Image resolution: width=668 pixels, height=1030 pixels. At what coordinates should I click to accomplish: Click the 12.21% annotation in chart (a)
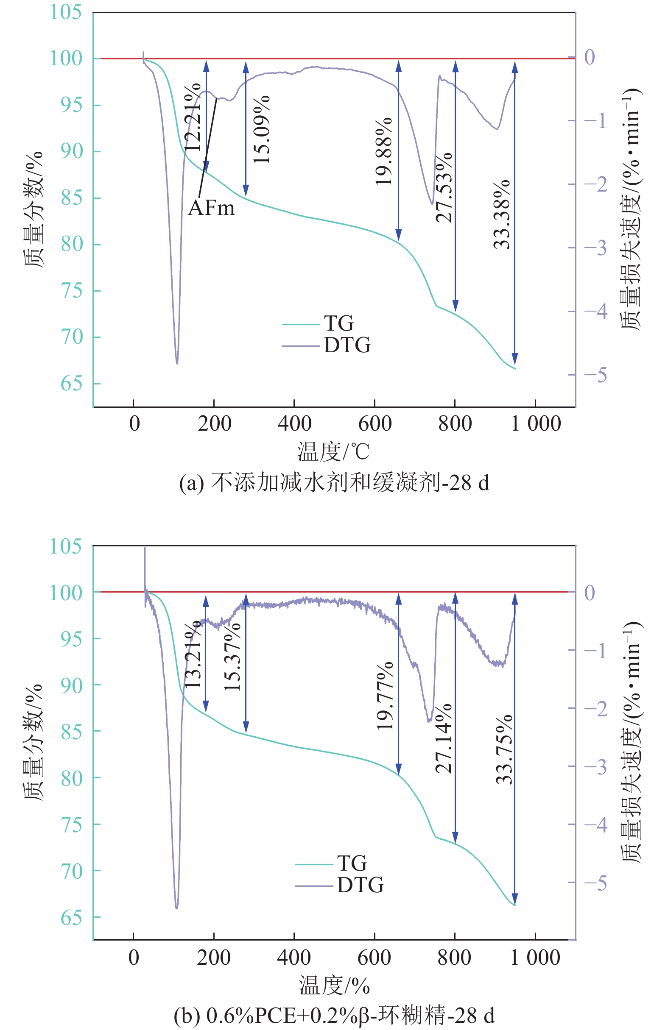(x=193, y=118)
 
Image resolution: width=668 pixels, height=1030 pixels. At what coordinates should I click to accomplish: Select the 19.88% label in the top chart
(x=384, y=151)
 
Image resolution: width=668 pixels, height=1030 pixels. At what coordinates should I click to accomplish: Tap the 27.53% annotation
(x=444, y=188)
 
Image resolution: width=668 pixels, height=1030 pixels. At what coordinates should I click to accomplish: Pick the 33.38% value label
(x=502, y=214)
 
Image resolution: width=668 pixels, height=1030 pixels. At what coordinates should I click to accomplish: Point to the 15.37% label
(x=232, y=657)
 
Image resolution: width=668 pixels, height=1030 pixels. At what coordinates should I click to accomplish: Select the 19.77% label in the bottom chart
(x=385, y=696)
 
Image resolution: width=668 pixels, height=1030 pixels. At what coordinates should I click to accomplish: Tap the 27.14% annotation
(x=444, y=739)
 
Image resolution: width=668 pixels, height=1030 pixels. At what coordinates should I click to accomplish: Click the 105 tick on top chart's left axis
(x=66, y=12)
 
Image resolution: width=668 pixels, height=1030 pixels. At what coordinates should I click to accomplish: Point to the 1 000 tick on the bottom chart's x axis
(x=535, y=957)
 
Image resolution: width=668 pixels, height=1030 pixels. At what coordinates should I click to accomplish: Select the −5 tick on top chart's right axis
(x=596, y=375)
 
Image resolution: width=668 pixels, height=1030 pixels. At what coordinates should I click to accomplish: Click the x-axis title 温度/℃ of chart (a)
(x=333, y=452)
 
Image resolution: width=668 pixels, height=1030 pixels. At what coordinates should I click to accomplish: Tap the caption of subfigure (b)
(x=334, y=1015)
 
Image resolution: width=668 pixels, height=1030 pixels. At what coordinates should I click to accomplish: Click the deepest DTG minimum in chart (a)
(x=177, y=363)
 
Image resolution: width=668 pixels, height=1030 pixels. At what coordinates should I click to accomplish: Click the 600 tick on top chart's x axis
(x=375, y=424)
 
